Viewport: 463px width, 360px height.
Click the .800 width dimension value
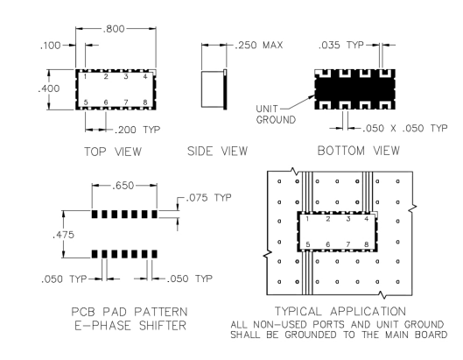(x=114, y=29)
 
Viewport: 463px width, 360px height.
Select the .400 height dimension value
(x=49, y=88)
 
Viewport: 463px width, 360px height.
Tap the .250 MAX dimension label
(x=259, y=45)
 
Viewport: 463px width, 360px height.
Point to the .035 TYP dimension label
(x=341, y=45)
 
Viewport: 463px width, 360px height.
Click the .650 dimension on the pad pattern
(x=123, y=186)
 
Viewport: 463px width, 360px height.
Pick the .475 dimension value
(x=63, y=235)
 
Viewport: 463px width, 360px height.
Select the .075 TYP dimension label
(x=209, y=197)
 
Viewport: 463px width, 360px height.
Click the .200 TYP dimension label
(x=137, y=130)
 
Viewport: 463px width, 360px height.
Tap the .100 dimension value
(x=50, y=46)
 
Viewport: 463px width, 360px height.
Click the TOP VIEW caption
(x=113, y=152)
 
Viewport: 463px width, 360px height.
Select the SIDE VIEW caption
(x=218, y=151)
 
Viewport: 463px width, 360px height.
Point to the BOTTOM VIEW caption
(x=359, y=151)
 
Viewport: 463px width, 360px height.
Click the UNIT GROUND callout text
(x=276, y=115)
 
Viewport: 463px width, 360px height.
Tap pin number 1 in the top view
(x=85, y=77)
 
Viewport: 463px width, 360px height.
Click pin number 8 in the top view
(x=145, y=102)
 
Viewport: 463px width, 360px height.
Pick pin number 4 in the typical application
(x=367, y=219)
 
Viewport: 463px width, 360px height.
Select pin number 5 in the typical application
(x=308, y=244)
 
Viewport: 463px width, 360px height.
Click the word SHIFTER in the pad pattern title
(x=163, y=326)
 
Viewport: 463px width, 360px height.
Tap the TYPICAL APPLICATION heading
(x=340, y=311)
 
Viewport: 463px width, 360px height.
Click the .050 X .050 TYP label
(x=405, y=128)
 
